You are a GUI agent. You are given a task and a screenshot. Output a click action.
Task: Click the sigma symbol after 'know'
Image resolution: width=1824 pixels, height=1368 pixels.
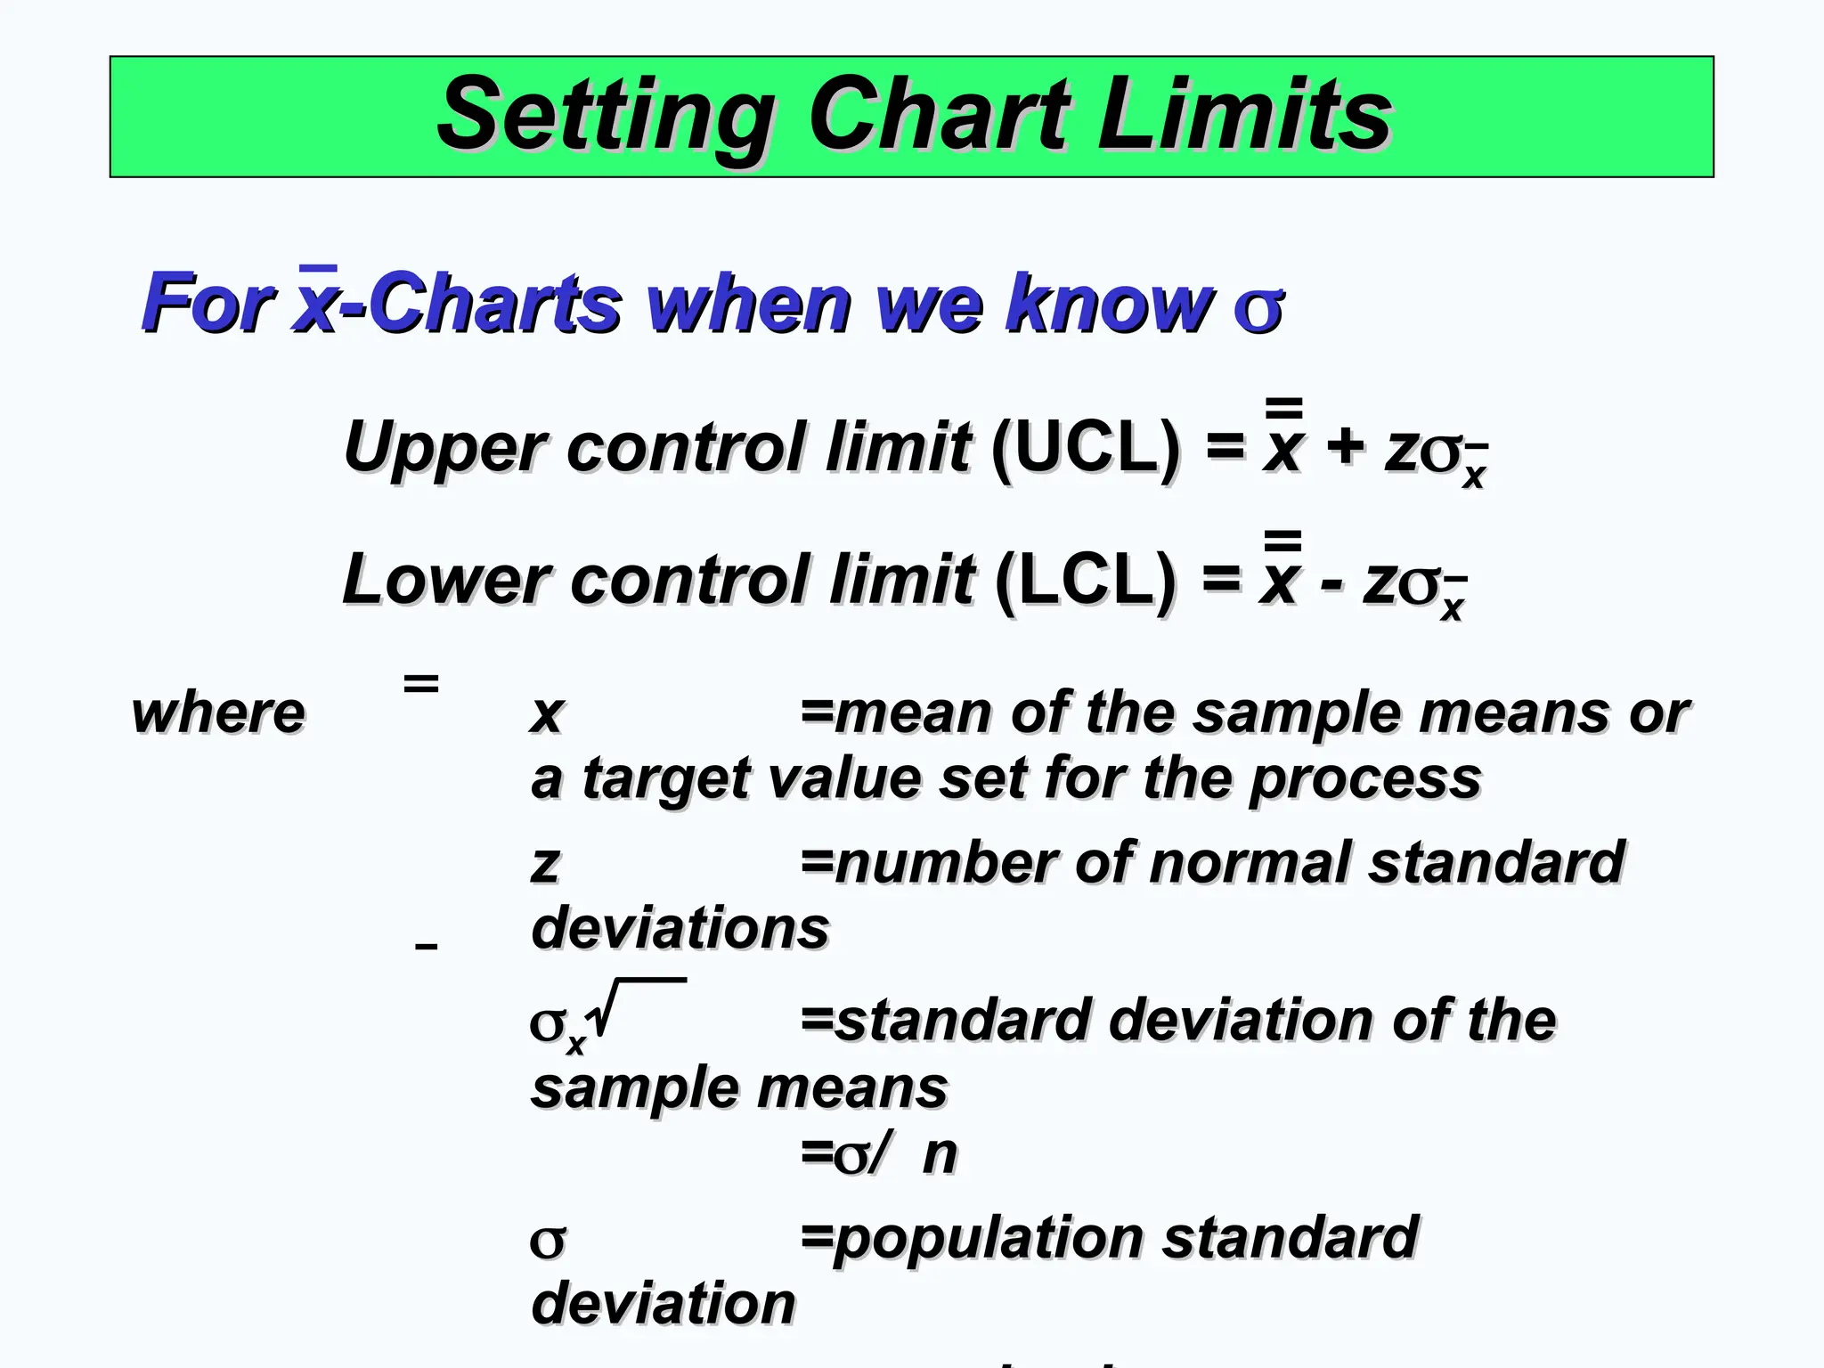1258,307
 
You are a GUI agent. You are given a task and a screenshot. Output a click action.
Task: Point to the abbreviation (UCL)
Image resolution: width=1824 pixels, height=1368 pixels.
1085,448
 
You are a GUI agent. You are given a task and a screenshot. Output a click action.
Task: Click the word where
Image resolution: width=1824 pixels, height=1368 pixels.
218,713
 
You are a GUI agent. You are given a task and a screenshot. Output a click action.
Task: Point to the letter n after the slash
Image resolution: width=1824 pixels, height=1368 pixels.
939,1155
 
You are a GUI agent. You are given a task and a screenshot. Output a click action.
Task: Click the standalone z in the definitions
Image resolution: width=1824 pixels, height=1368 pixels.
545,865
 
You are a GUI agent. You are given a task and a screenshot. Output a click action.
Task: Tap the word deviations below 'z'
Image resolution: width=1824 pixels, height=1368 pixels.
680,929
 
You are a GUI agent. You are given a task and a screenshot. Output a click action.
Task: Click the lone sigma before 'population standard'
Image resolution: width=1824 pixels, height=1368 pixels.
547,1241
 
